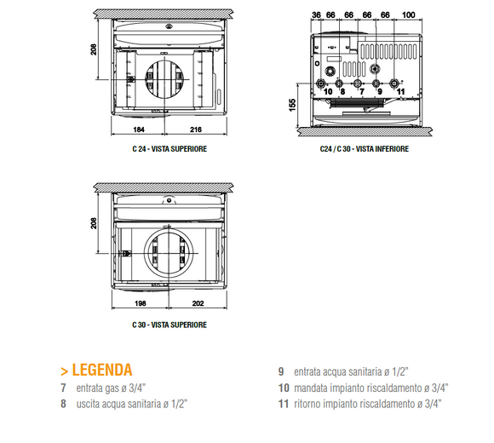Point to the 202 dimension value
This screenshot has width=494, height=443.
pyautogui.click(x=198, y=302)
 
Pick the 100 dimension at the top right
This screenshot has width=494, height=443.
pyautogui.click(x=408, y=14)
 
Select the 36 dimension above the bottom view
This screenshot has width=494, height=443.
pyautogui.click(x=316, y=14)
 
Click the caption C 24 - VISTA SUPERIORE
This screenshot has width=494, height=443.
pyautogui.click(x=169, y=149)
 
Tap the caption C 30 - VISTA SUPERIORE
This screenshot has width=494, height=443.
pyautogui.click(x=169, y=325)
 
